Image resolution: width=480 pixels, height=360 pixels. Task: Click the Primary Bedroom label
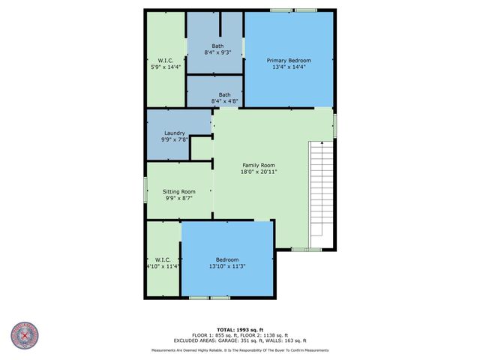pos(289,60)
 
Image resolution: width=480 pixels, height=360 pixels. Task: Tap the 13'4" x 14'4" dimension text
pos(289,67)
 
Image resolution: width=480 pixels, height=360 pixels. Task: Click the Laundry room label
pos(175,133)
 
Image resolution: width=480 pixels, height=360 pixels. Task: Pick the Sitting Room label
pos(179,191)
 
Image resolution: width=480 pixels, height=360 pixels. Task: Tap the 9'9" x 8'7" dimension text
pos(179,198)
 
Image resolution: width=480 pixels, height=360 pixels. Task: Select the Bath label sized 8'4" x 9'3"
pos(217,46)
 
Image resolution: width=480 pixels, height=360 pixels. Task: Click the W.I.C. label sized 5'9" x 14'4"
pos(165,60)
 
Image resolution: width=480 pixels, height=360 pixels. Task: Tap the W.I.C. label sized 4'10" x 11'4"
pos(163,259)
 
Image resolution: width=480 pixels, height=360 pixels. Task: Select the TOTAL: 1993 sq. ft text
pos(239,329)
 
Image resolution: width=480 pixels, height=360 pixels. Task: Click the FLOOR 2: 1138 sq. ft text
pos(266,334)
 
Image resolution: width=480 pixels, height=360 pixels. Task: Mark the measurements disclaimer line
pos(239,349)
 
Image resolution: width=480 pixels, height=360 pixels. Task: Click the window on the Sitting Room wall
pos(145,192)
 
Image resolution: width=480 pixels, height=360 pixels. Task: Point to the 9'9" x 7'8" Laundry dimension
pos(175,140)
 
